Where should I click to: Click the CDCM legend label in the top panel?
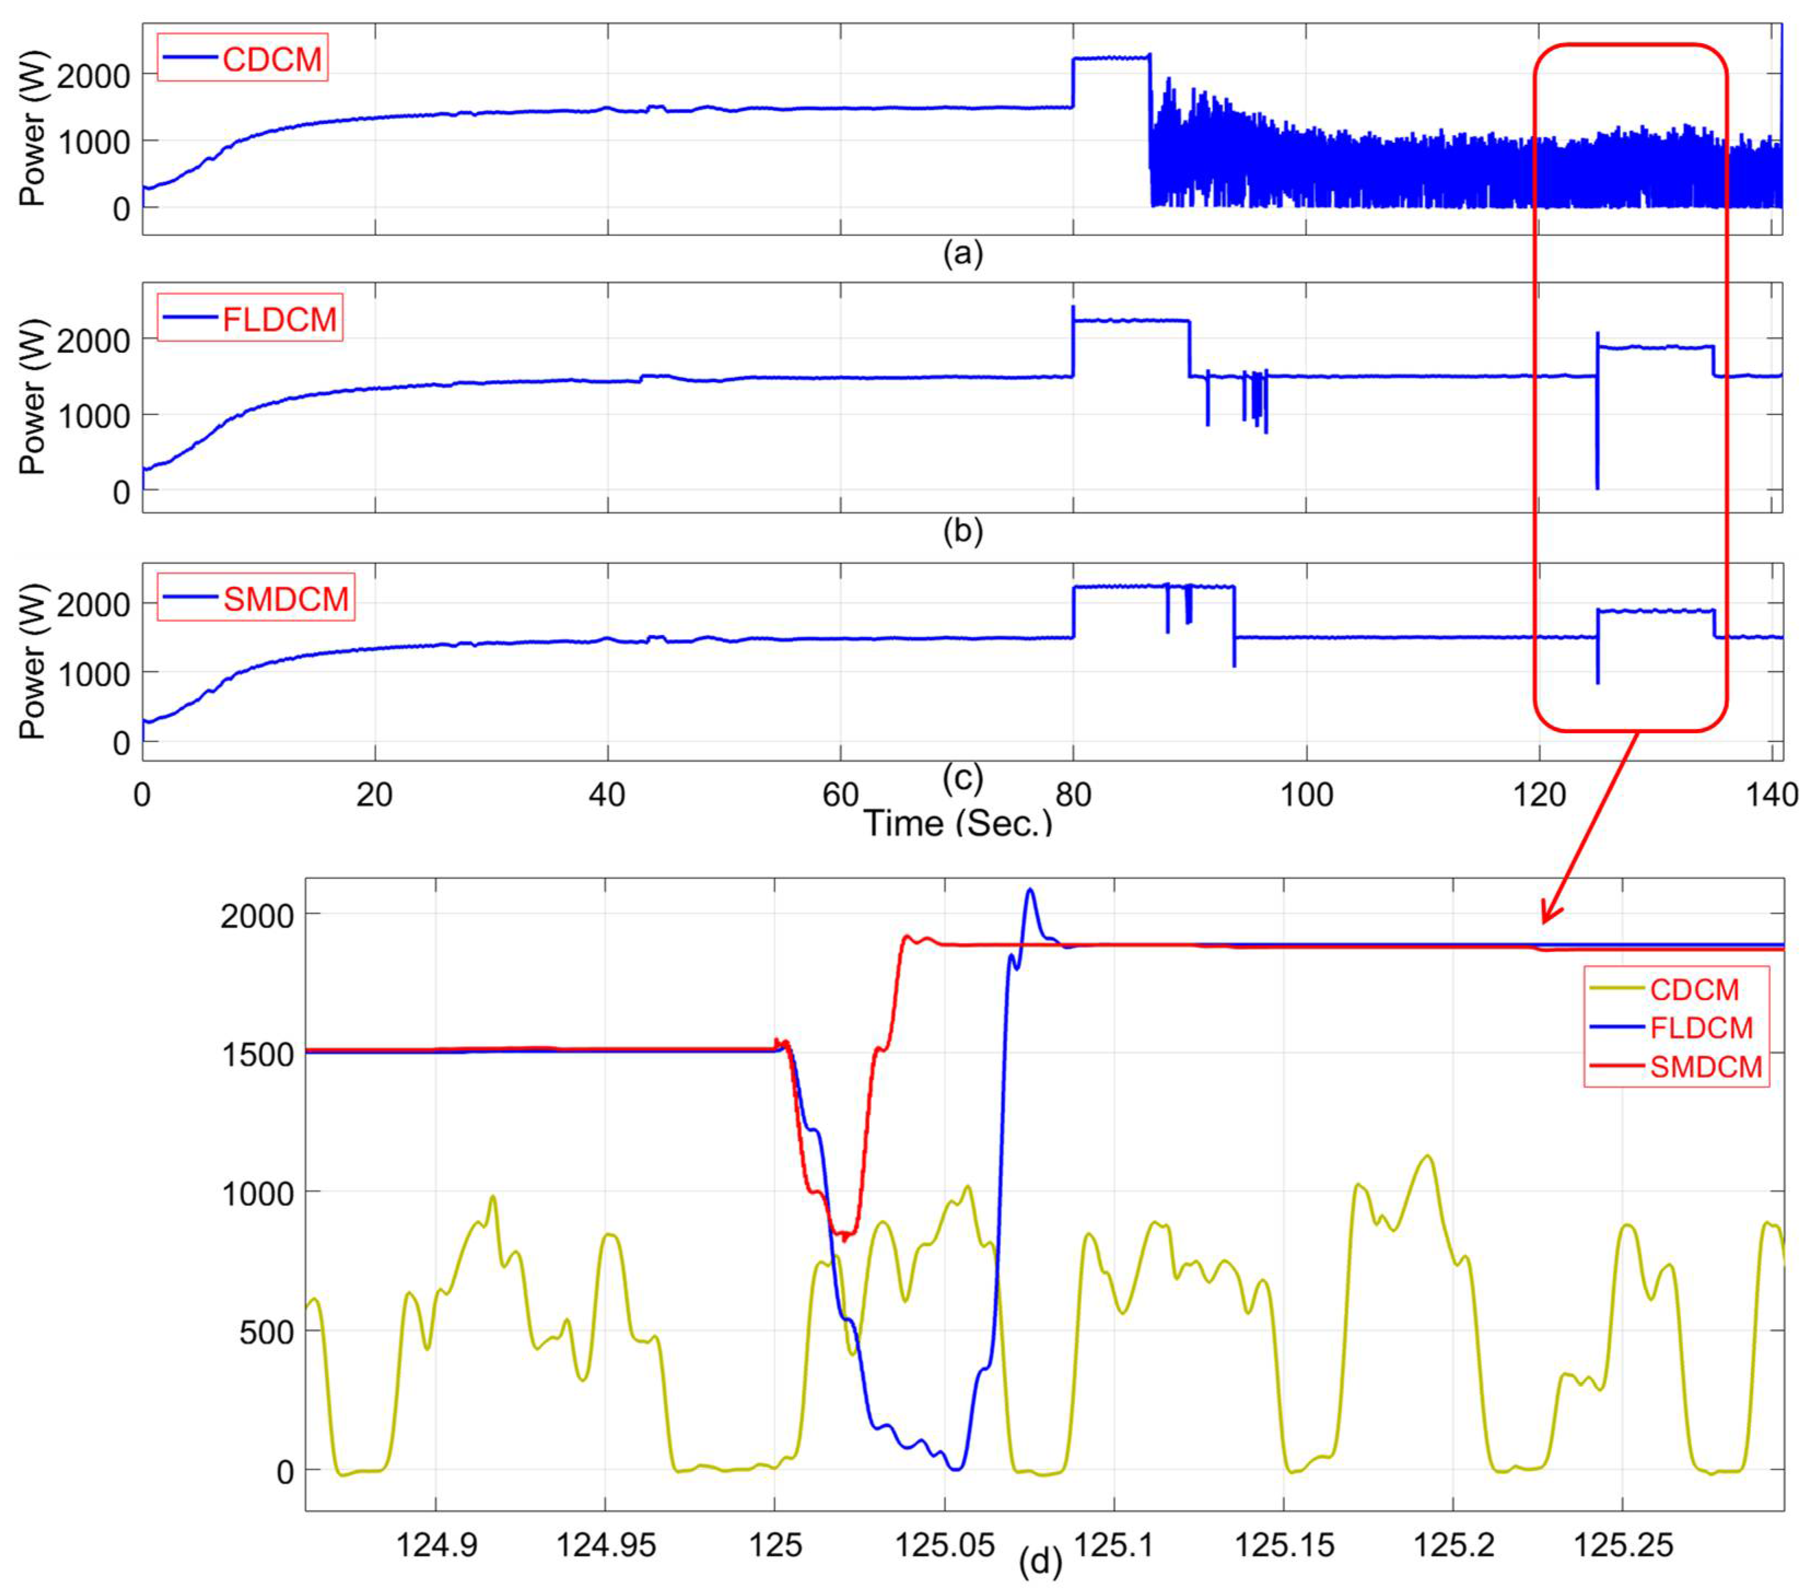click(x=272, y=60)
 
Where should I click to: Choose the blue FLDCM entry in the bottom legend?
click(x=1700, y=1027)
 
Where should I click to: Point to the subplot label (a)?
click(x=963, y=254)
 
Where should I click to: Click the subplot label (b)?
click(x=963, y=531)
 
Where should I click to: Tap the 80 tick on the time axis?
click(x=1073, y=795)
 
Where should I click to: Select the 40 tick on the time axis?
click(x=607, y=795)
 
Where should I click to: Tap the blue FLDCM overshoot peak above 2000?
click(x=1030, y=890)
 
